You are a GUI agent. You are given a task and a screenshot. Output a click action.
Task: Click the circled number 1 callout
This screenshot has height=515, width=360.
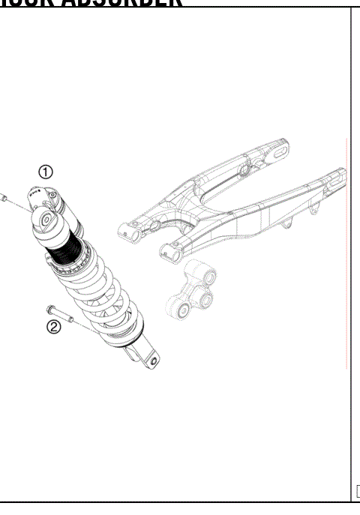46,172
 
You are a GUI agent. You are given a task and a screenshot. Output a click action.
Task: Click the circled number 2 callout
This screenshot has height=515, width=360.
54,327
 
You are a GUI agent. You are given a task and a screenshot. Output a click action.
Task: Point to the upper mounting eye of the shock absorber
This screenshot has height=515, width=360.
43,220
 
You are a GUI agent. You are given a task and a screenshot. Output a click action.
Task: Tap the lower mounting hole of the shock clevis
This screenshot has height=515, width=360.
154,361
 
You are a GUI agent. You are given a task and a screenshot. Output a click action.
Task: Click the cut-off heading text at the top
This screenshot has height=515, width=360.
90,3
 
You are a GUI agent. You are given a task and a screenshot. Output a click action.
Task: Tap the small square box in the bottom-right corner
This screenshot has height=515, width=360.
357,492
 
